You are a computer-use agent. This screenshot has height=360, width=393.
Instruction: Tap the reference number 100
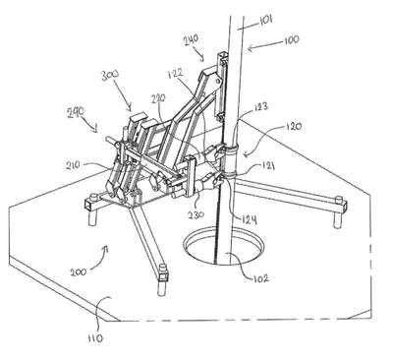tap(290, 39)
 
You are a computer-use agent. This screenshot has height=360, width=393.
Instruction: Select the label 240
tap(191, 41)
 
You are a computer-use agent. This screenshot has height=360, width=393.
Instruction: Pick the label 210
tap(72, 165)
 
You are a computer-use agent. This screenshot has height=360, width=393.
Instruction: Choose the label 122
tap(178, 75)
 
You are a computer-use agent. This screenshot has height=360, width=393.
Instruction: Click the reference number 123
tap(260, 106)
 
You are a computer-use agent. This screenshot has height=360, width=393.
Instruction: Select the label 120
tap(294, 126)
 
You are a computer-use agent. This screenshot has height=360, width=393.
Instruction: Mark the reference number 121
tap(267, 167)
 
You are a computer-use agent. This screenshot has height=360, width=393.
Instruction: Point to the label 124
tap(249, 219)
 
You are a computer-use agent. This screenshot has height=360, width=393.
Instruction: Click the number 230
tap(196, 214)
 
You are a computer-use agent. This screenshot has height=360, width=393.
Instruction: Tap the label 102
tap(260, 278)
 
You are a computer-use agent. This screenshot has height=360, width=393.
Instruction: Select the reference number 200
tap(79, 271)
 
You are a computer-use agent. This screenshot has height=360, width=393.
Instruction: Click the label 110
tap(95, 338)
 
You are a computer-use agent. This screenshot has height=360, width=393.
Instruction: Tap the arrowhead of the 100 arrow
tap(250, 49)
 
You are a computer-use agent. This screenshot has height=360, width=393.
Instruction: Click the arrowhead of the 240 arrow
tap(202, 59)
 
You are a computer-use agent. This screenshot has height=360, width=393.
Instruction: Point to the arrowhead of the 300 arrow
tap(130, 108)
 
